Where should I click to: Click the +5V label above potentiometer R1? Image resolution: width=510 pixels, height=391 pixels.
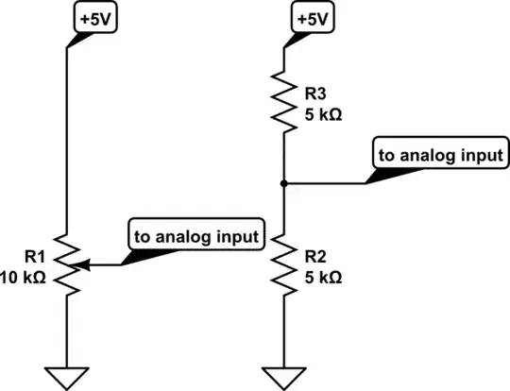94,19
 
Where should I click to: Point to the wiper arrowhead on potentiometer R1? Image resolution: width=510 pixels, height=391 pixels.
82,263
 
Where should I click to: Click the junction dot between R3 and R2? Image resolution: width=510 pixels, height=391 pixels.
284,182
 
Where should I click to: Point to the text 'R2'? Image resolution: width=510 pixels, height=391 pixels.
314,255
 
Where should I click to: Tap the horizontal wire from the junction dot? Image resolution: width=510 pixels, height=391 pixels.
326,182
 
